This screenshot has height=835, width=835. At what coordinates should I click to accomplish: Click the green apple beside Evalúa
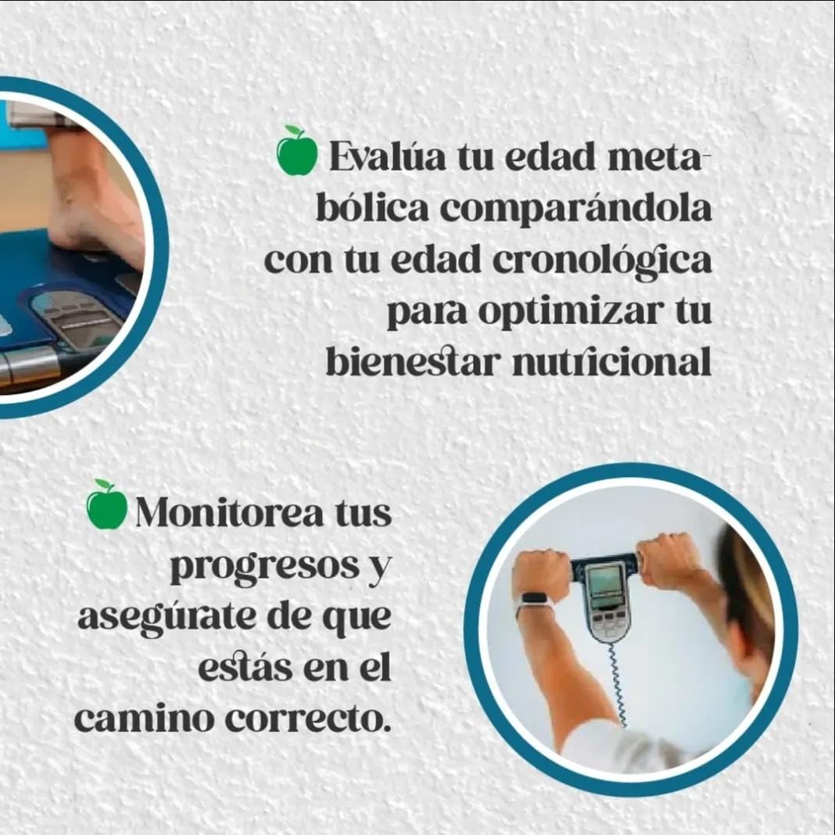(x=297, y=151)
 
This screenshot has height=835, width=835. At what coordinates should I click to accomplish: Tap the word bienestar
(x=414, y=362)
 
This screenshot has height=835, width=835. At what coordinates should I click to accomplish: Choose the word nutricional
(x=612, y=362)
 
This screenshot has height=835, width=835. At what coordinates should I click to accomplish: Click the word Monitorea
(x=230, y=512)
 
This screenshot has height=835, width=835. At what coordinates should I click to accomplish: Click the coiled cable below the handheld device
(x=617, y=684)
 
